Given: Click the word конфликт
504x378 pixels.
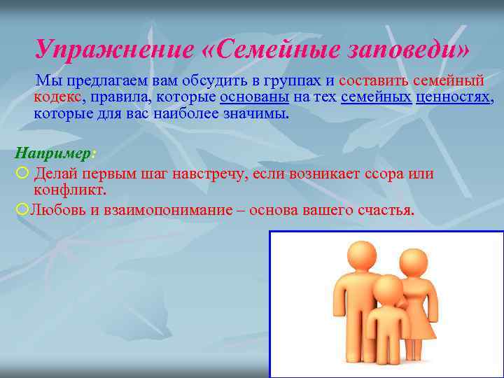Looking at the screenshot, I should coord(69,190).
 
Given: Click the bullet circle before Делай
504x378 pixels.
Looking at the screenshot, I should coord(22,173).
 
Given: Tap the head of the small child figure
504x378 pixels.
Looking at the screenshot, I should coord(388,289).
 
